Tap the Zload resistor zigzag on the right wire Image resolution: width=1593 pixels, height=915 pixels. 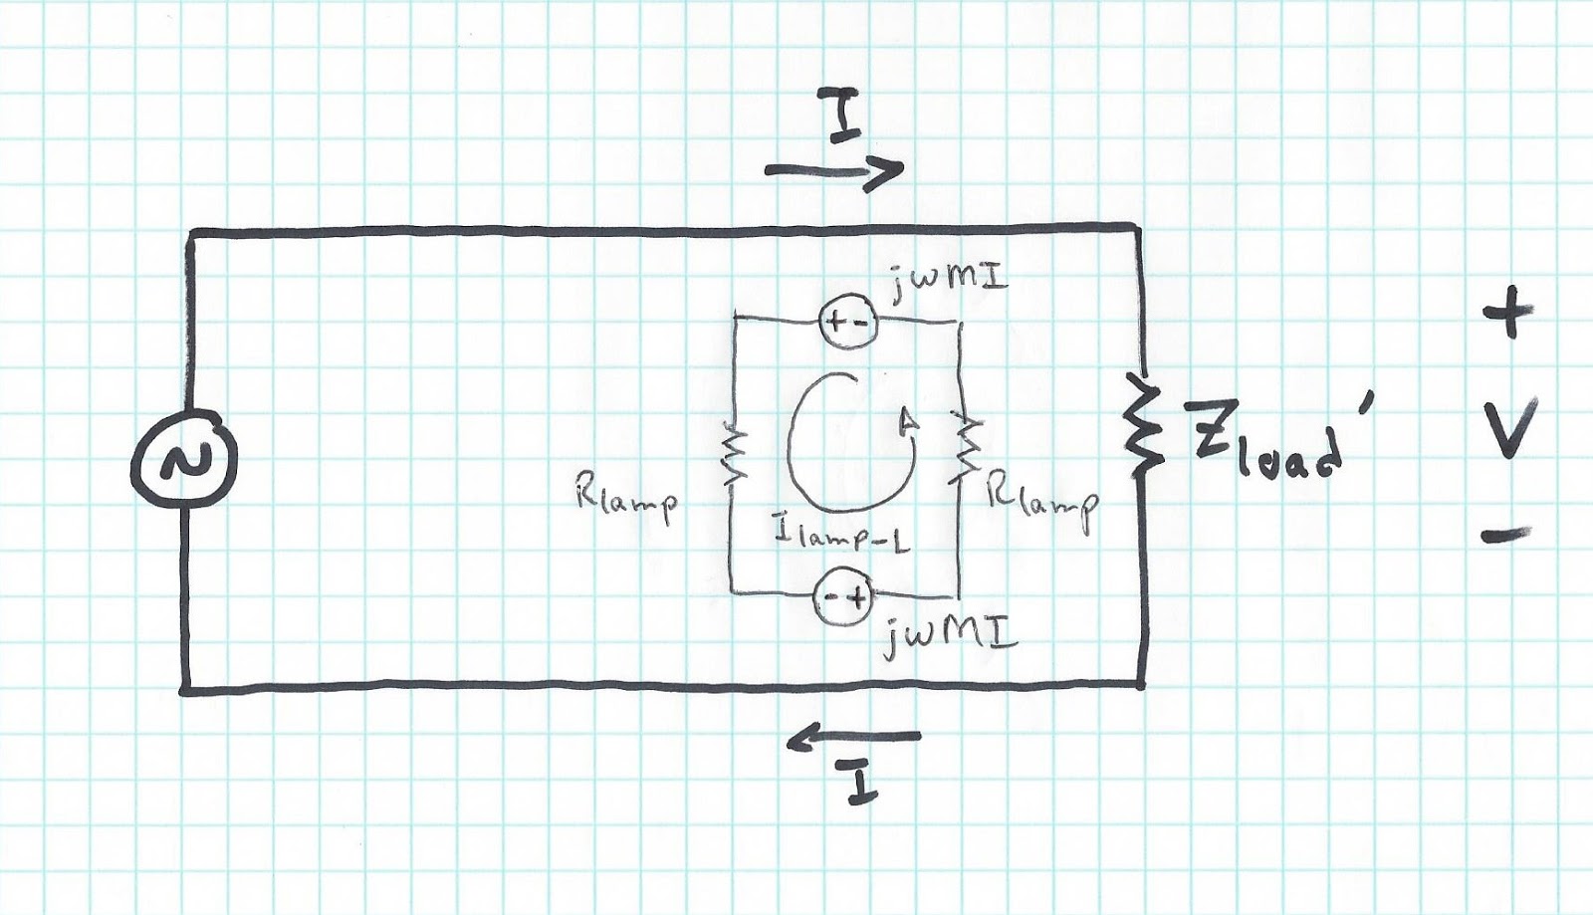(x=1142, y=422)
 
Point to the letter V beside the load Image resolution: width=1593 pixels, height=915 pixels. (x=1508, y=428)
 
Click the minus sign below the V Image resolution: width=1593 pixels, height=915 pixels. (x=1505, y=536)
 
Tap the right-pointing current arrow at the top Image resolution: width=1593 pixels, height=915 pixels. (x=834, y=171)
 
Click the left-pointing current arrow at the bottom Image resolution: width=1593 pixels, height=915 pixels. (x=853, y=738)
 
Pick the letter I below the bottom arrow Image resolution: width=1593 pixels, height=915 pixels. (x=860, y=787)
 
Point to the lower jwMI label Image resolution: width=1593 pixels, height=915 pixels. (x=950, y=633)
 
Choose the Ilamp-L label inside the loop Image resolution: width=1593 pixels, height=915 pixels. (x=842, y=538)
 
